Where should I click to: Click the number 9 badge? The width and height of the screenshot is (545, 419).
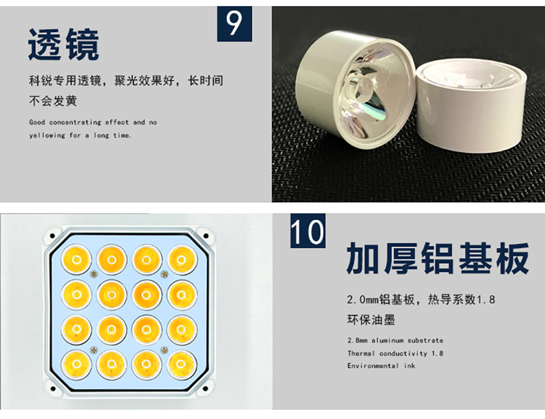pos(235,24)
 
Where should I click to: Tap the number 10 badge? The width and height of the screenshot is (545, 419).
pos(308,231)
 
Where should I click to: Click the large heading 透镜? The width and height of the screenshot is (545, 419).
pos(64,45)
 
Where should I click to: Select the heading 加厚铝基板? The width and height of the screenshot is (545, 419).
pos(438,259)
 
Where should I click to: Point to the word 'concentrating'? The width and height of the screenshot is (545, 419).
pos(75,122)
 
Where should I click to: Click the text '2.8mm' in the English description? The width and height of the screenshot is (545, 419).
pos(357,340)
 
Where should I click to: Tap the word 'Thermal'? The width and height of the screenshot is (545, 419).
pos(361,353)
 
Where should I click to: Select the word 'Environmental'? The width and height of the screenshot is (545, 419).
pos(373,366)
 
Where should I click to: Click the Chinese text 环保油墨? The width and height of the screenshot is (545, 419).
pos(371,320)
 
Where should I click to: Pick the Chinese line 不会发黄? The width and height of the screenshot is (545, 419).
pos(53,101)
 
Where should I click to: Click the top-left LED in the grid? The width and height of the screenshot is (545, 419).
pos(76,260)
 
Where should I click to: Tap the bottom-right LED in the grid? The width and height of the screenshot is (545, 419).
pos(181,364)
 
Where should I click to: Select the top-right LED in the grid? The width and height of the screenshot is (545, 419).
pos(181,260)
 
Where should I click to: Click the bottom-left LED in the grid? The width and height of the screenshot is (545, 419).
pos(76,364)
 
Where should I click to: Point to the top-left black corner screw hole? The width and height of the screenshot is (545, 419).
pos(53,236)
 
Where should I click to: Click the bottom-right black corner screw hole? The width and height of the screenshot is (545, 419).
pos(206,389)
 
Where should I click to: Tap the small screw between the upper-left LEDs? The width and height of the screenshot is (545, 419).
pos(94,274)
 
